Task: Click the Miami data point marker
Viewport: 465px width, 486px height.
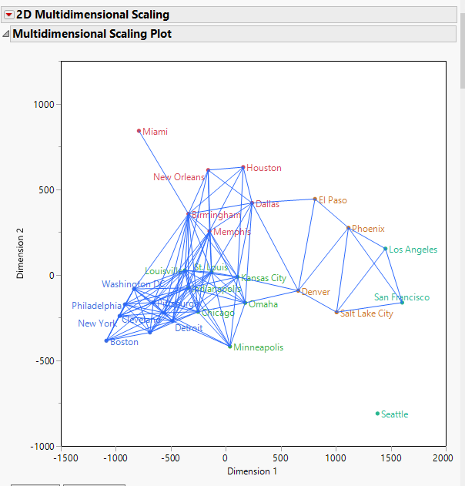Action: click(139, 131)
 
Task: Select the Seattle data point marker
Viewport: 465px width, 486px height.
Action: click(377, 414)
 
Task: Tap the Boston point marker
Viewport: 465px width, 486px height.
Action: click(106, 340)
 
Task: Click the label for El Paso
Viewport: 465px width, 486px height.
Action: click(333, 200)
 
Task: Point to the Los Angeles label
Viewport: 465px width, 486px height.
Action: click(413, 250)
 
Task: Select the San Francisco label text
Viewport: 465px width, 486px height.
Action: click(402, 297)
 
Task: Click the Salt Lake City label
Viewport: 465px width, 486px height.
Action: click(366, 313)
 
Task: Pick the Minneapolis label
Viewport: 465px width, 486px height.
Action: click(258, 347)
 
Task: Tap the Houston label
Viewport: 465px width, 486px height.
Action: click(264, 168)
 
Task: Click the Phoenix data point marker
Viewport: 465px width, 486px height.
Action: click(348, 228)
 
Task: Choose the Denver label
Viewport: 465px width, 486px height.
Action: click(315, 292)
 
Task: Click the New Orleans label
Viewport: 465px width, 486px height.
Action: click(179, 177)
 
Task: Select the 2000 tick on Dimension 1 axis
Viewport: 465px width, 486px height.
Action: click(443, 458)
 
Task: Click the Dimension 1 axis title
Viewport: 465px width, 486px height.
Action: click(252, 471)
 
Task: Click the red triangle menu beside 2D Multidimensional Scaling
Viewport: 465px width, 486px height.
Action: click(8, 15)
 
